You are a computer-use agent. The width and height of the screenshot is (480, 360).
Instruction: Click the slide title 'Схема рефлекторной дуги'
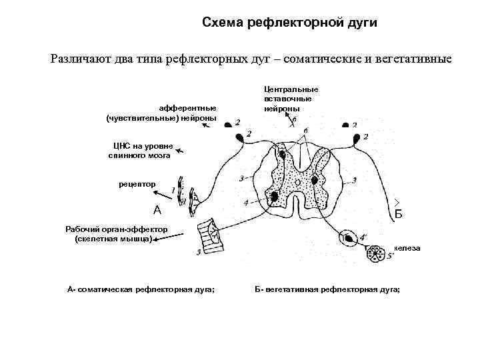point(289,23)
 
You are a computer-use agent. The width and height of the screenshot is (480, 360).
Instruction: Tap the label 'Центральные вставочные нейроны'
point(291,98)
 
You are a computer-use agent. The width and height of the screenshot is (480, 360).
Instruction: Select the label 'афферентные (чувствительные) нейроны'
point(162,113)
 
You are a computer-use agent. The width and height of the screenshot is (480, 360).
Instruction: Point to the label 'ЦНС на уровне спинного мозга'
point(140,150)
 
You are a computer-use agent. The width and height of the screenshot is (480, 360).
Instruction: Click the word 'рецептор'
point(137,183)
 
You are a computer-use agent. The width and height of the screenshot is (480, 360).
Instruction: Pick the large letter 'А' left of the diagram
point(157,210)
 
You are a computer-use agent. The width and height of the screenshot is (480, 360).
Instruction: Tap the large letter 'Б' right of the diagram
point(398,214)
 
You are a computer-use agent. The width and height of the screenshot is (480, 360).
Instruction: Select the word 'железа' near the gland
point(407,248)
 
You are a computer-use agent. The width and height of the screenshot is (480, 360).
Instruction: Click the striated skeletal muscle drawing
point(208,235)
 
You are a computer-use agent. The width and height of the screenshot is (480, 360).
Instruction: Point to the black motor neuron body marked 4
point(274,197)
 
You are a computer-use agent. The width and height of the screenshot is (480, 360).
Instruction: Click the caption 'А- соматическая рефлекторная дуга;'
point(145,289)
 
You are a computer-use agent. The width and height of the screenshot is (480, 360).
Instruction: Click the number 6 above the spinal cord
point(305,130)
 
